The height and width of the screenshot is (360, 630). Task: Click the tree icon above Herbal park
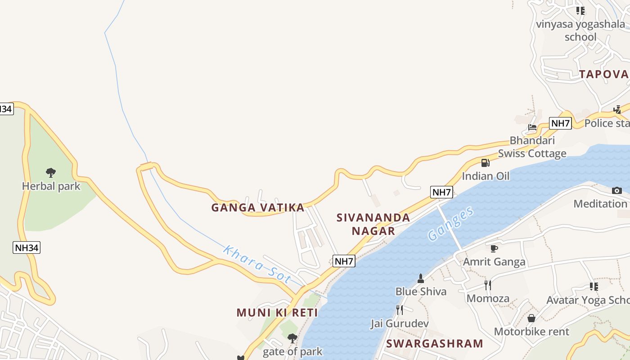51,172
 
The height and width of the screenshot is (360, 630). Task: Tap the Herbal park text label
51,186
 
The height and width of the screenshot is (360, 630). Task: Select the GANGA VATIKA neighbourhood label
258,208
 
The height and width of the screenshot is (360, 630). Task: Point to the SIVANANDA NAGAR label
373,224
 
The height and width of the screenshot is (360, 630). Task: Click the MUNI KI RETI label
277,312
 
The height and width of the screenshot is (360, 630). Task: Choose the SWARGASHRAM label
434,344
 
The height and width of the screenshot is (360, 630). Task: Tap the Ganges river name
450,224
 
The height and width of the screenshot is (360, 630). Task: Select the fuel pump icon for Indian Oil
485,162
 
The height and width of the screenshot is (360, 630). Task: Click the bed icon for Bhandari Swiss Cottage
532,127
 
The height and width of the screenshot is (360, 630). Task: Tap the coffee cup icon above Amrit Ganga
494,248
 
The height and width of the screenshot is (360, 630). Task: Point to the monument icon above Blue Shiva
421,279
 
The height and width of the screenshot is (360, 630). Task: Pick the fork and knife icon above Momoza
487,285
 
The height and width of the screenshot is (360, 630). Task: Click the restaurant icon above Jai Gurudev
399,310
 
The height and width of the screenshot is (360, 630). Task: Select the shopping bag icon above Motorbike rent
531,318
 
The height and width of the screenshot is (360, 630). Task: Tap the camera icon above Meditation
617,190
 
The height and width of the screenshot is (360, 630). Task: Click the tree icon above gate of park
292,338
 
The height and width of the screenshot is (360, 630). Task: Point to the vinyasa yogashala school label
580,31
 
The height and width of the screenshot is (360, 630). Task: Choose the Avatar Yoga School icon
594,286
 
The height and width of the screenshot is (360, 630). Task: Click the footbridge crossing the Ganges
450,227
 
